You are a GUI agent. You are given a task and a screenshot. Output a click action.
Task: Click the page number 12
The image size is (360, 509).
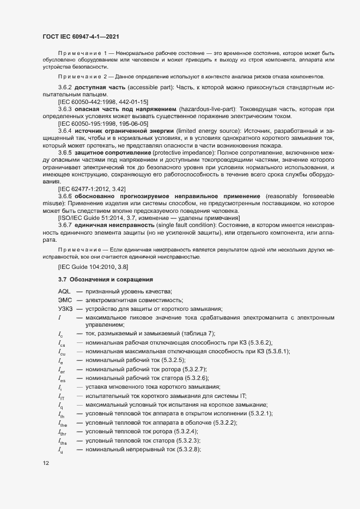click(x=45, y=463)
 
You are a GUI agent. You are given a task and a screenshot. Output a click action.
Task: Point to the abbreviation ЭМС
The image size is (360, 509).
click(x=65, y=301)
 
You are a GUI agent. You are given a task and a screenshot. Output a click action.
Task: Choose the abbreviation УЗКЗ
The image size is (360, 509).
click(x=66, y=309)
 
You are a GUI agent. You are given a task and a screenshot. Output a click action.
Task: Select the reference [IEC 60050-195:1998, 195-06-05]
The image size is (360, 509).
click(x=103, y=124)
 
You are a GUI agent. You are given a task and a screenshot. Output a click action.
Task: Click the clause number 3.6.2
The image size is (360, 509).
click(x=65, y=88)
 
